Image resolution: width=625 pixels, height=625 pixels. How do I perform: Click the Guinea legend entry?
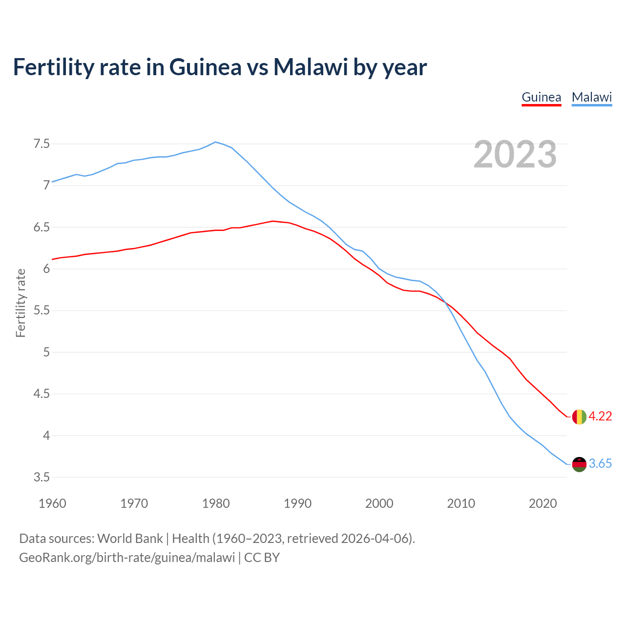[x=541, y=97]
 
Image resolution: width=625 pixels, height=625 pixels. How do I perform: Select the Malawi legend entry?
[x=591, y=97]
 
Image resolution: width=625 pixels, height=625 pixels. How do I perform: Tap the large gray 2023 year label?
[x=515, y=154]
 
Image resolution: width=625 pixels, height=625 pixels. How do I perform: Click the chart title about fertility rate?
[x=220, y=67]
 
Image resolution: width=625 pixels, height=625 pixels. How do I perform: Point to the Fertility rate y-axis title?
[x=21, y=303]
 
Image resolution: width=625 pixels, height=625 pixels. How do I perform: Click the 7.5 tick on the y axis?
[x=42, y=144]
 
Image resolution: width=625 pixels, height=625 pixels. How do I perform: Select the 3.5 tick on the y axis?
[x=42, y=477]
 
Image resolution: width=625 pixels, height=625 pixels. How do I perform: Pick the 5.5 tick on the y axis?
[x=42, y=311]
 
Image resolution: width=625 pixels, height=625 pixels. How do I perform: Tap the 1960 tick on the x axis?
[x=52, y=503]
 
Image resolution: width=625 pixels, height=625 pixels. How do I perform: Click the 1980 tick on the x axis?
[x=216, y=503]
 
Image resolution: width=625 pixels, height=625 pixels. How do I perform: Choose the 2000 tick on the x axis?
[x=379, y=503]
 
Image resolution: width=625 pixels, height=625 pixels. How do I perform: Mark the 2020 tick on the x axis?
[x=542, y=503]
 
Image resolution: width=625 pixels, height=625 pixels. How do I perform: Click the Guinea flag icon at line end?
[x=579, y=417]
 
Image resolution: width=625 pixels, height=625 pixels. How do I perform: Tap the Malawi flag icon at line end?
[x=579, y=464]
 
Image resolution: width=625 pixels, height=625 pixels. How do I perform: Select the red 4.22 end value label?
[x=600, y=416]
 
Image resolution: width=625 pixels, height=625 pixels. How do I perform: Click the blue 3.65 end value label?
[x=600, y=464]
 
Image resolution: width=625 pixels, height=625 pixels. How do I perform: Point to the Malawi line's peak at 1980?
[x=216, y=142]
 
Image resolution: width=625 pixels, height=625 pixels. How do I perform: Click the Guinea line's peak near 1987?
[x=273, y=221]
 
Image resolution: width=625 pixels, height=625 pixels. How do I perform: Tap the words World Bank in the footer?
[x=130, y=539]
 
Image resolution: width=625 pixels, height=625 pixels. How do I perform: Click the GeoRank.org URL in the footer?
[x=127, y=558]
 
